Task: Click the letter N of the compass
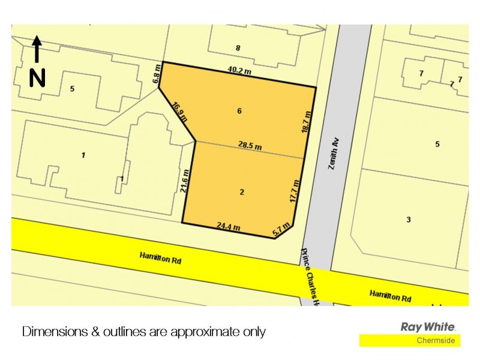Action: point(37,77)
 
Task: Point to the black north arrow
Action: point(37,49)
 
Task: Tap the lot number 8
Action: point(238,48)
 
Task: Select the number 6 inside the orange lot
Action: point(239,111)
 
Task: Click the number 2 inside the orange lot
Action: point(242,192)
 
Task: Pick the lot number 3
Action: point(409,220)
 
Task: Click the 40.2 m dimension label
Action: point(238,70)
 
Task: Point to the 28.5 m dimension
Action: point(250,146)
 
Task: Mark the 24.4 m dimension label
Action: point(228,226)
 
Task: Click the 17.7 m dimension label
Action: point(295,193)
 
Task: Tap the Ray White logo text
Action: point(428,327)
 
